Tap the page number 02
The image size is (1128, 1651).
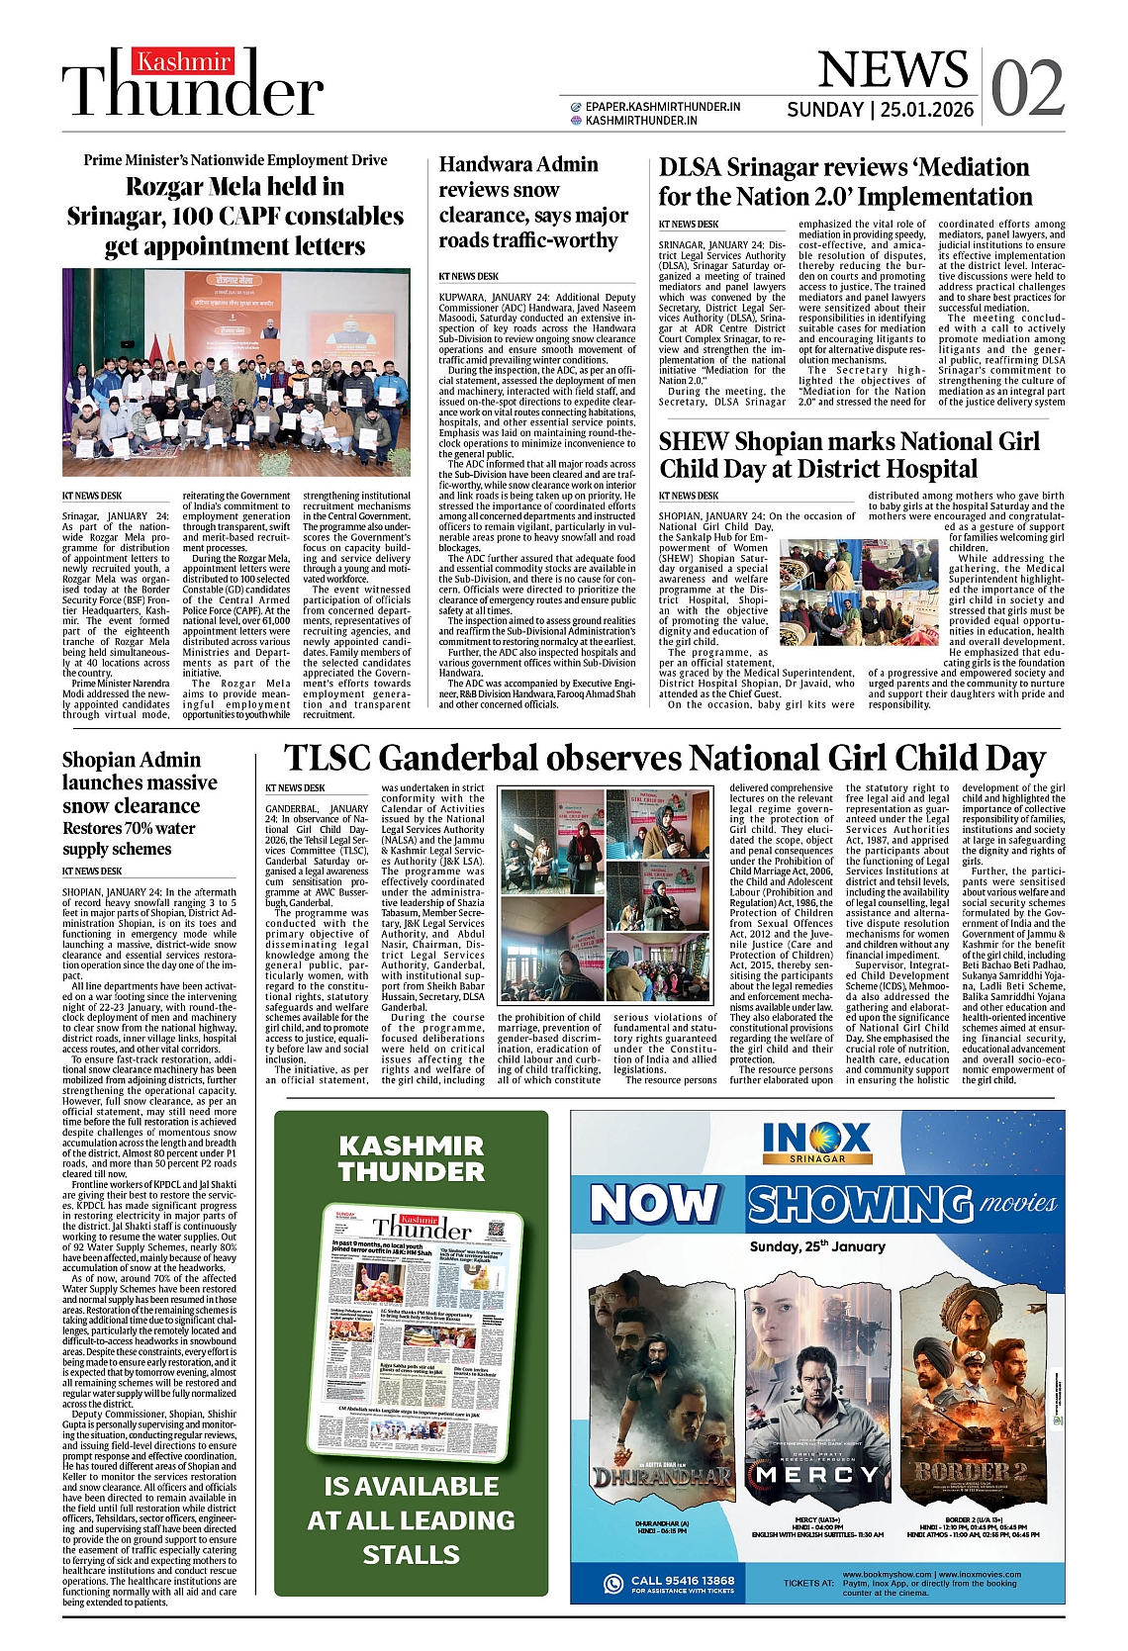[1027, 88]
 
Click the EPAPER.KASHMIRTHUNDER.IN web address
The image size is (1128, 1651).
[662, 106]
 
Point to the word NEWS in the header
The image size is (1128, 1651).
[893, 69]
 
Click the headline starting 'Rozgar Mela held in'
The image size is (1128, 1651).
[235, 217]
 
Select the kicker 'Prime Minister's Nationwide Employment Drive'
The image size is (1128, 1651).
[235, 160]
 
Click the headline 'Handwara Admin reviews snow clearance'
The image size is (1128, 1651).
[533, 203]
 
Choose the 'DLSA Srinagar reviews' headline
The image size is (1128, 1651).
[846, 182]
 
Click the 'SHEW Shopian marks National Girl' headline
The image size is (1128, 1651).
[849, 455]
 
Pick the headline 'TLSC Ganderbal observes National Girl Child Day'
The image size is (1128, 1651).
[664, 759]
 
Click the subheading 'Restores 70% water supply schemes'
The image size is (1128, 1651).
[129, 839]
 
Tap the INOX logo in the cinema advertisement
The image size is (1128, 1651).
[817, 1143]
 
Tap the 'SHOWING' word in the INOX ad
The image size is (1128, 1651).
[860, 1204]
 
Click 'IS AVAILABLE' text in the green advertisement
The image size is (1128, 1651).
[411, 1487]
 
